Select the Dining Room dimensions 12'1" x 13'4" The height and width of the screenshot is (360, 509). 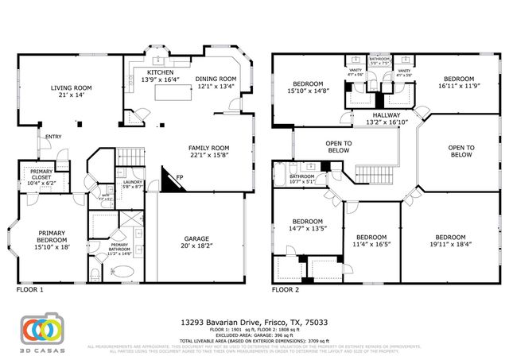216,87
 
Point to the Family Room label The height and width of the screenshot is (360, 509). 208,147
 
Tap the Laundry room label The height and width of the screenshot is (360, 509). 132,184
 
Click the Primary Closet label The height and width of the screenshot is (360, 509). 41,176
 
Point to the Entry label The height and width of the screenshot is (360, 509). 53,137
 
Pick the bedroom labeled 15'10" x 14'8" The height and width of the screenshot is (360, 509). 307,87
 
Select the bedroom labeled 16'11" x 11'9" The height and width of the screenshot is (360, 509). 458,83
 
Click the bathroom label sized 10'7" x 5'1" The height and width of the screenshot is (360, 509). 302,179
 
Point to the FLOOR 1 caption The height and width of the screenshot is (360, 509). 29,290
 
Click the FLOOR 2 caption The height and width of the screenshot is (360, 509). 285,290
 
